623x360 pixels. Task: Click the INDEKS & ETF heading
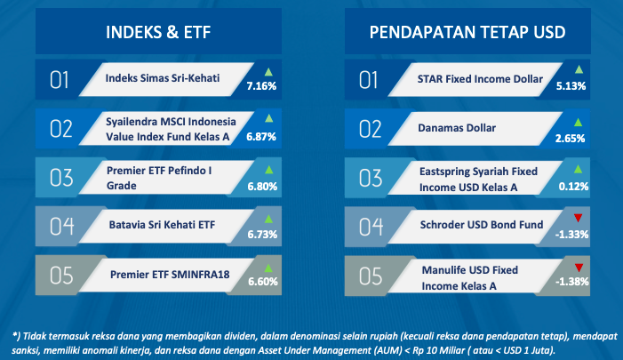pyautogui.click(x=158, y=32)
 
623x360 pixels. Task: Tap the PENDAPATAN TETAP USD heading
pyautogui.click(x=467, y=32)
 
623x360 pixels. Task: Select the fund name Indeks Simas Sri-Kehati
pyautogui.click(x=163, y=78)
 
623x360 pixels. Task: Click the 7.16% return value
pyautogui.click(x=261, y=86)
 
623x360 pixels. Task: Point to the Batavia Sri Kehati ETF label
pyautogui.click(x=162, y=225)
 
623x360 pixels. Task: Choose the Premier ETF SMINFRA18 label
pyautogui.click(x=170, y=274)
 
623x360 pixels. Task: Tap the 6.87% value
pyautogui.click(x=261, y=137)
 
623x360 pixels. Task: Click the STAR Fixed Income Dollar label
pyautogui.click(x=480, y=79)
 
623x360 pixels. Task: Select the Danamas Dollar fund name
pyautogui.click(x=457, y=127)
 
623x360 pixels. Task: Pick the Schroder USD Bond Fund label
pyautogui.click(x=482, y=225)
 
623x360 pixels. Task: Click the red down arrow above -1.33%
pyautogui.click(x=578, y=218)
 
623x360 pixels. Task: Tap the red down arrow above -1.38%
pyautogui.click(x=579, y=268)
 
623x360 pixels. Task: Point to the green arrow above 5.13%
pyautogui.click(x=579, y=70)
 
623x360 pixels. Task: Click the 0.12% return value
pyautogui.click(x=573, y=186)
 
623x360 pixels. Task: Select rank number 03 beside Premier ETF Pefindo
pyautogui.click(x=61, y=178)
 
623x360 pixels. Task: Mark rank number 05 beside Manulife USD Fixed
pyautogui.click(x=371, y=276)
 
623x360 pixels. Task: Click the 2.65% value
pyautogui.click(x=571, y=139)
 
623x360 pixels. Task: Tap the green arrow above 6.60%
pyautogui.click(x=268, y=268)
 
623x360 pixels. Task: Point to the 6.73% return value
pyautogui.click(x=262, y=235)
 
